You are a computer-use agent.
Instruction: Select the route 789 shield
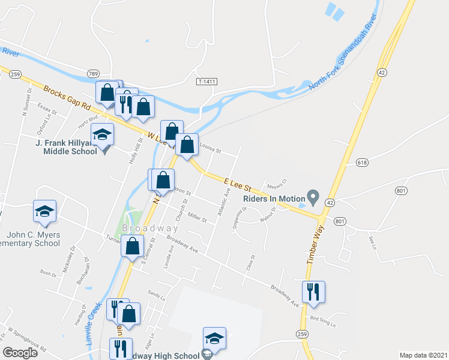pos(92,73)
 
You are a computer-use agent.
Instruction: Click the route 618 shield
pos(361,163)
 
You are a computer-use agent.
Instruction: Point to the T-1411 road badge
pos(205,80)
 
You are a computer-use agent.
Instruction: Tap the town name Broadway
pos(150,229)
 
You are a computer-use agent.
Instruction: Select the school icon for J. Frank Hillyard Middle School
pos(103,136)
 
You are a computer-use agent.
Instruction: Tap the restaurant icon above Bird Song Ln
pos(313,292)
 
